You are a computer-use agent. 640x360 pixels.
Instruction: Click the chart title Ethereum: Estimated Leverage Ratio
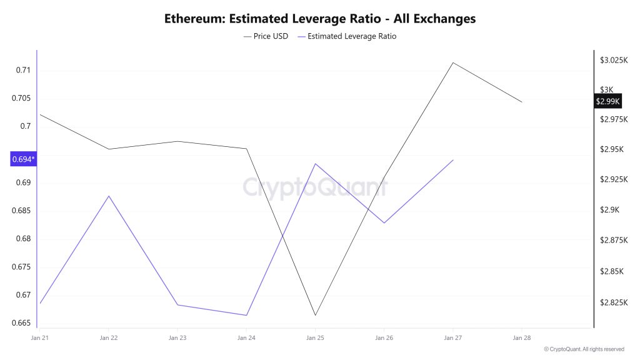click(319, 19)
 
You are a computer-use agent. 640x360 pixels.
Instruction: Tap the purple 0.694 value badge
click(24, 159)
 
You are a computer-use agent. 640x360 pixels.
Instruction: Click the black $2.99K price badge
click(607, 101)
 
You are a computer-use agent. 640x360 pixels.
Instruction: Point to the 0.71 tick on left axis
click(23, 70)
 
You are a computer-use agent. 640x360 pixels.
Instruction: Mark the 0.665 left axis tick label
click(21, 323)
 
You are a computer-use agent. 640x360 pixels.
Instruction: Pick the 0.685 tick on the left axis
click(21, 211)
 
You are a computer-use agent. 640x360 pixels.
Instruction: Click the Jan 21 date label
click(39, 337)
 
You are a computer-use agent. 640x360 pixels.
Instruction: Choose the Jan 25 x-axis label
click(315, 337)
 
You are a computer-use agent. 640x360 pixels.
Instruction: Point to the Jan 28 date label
click(521, 337)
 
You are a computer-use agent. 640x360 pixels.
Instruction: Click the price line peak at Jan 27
click(452, 62)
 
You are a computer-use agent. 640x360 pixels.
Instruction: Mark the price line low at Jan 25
click(315, 315)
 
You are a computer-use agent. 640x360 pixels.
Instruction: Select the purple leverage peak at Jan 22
click(109, 196)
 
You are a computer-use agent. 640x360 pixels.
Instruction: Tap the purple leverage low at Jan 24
click(246, 315)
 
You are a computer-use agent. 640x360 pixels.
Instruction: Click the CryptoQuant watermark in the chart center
click(315, 187)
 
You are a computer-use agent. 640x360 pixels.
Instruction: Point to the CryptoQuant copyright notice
click(584, 349)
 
